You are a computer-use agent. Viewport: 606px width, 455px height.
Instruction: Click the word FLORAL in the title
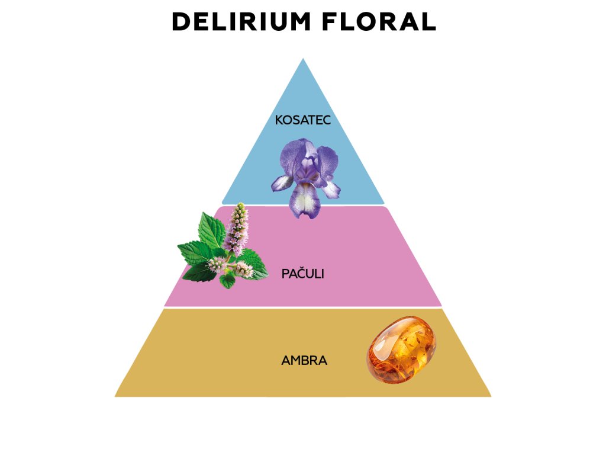[380, 22]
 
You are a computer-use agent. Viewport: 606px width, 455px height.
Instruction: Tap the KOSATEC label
[302, 120]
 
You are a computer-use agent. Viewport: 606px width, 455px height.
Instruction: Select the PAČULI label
[303, 274]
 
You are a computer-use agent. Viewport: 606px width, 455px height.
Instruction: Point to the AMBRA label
[304, 360]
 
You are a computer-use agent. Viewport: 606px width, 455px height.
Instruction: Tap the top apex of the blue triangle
[303, 60]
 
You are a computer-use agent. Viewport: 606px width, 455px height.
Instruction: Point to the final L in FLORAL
[429, 22]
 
